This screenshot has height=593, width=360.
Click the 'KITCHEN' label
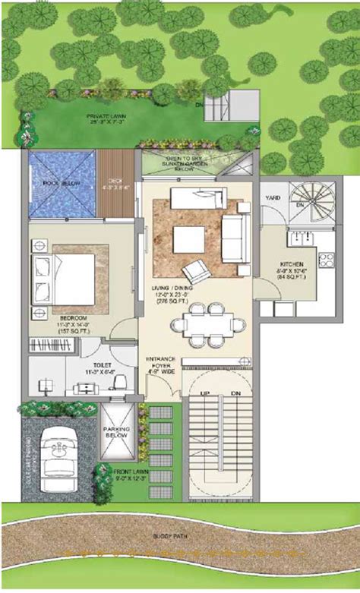point(292,266)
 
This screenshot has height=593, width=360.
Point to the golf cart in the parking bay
point(59,461)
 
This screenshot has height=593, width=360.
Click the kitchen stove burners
point(325,261)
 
